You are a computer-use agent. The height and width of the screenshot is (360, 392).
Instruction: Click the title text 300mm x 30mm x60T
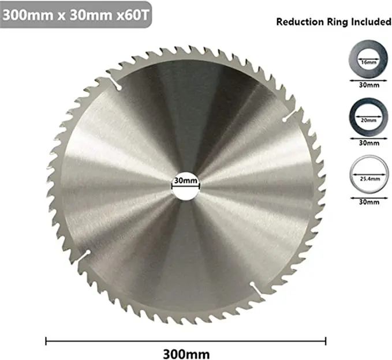pyautogui.click(x=77, y=14)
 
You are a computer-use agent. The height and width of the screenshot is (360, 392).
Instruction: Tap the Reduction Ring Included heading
pyautogui.click(x=334, y=22)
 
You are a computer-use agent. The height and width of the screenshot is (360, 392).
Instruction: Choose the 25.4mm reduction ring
pyautogui.click(x=364, y=178)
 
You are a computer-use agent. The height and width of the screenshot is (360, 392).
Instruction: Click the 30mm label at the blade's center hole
pyautogui.click(x=185, y=181)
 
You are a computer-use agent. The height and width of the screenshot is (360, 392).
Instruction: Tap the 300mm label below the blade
pyautogui.click(x=185, y=353)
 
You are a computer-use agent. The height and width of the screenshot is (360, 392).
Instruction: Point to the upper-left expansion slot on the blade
pyautogui.click(x=115, y=84)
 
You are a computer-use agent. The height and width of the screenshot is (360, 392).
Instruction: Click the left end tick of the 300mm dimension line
pyautogui.click(x=46, y=340)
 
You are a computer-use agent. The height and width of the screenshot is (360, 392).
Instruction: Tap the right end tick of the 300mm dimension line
pyautogui.click(x=326, y=340)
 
